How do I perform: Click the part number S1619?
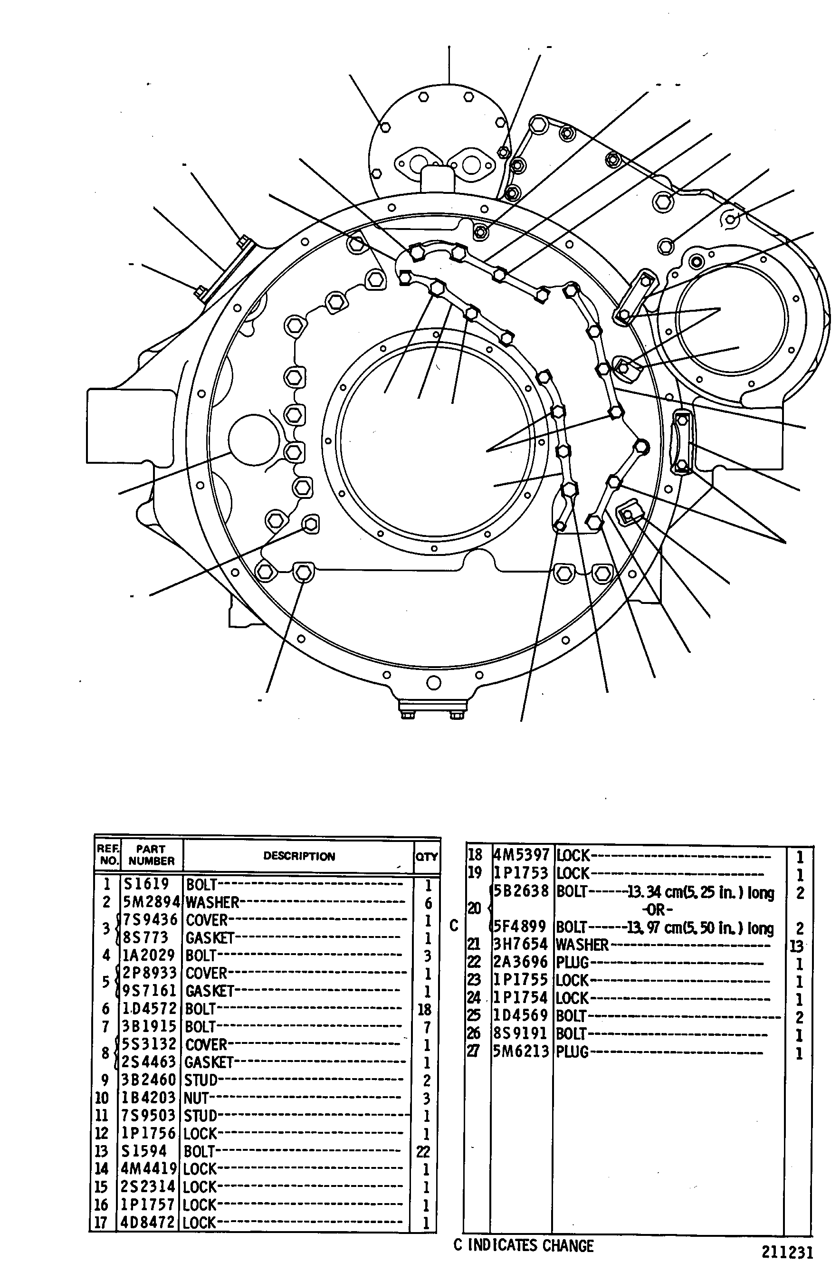pos(146,884)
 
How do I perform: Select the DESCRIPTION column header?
pos(299,856)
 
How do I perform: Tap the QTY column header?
pos(427,857)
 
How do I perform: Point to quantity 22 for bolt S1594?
pos(424,1151)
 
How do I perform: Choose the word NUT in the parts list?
pos(196,1098)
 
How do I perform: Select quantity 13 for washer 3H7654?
pos(796,946)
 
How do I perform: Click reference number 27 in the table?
pos(474,1052)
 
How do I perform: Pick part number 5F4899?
pos(520,927)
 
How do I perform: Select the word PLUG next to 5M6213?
pos(572,1052)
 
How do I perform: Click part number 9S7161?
pos(150,991)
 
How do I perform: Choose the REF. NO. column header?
pos(108,855)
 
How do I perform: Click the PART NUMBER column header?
pos(151,855)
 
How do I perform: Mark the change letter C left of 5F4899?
pos(454,926)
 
